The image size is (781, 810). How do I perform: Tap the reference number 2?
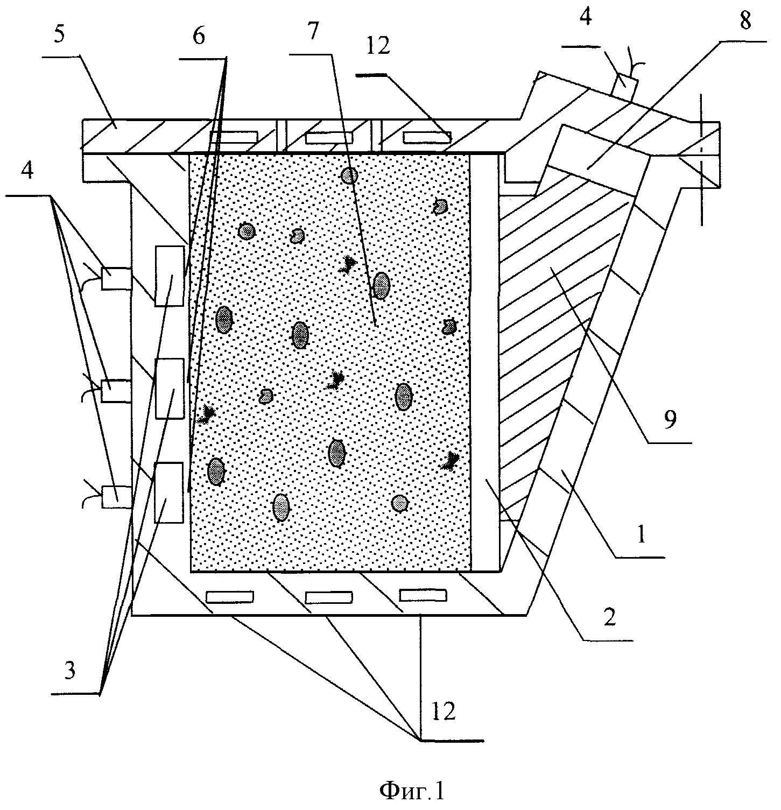(x=608, y=617)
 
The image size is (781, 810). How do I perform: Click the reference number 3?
(x=69, y=672)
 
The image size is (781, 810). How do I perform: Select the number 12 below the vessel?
(x=443, y=712)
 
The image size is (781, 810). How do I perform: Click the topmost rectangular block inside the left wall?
(x=170, y=276)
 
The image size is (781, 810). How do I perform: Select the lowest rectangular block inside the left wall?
(x=169, y=492)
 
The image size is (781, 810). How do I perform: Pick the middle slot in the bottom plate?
(x=328, y=597)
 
